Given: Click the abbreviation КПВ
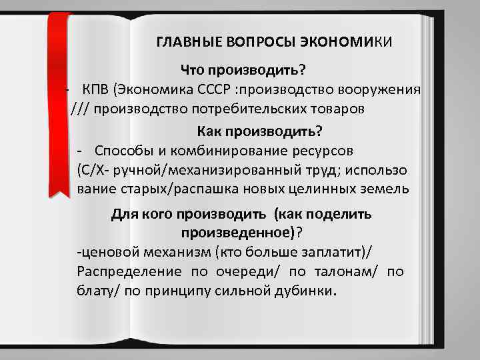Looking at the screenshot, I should coord(96,91).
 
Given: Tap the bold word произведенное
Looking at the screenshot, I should coord(237,233).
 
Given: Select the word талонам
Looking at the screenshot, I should coord(338,271).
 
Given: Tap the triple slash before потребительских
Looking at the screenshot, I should coord(81,109).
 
